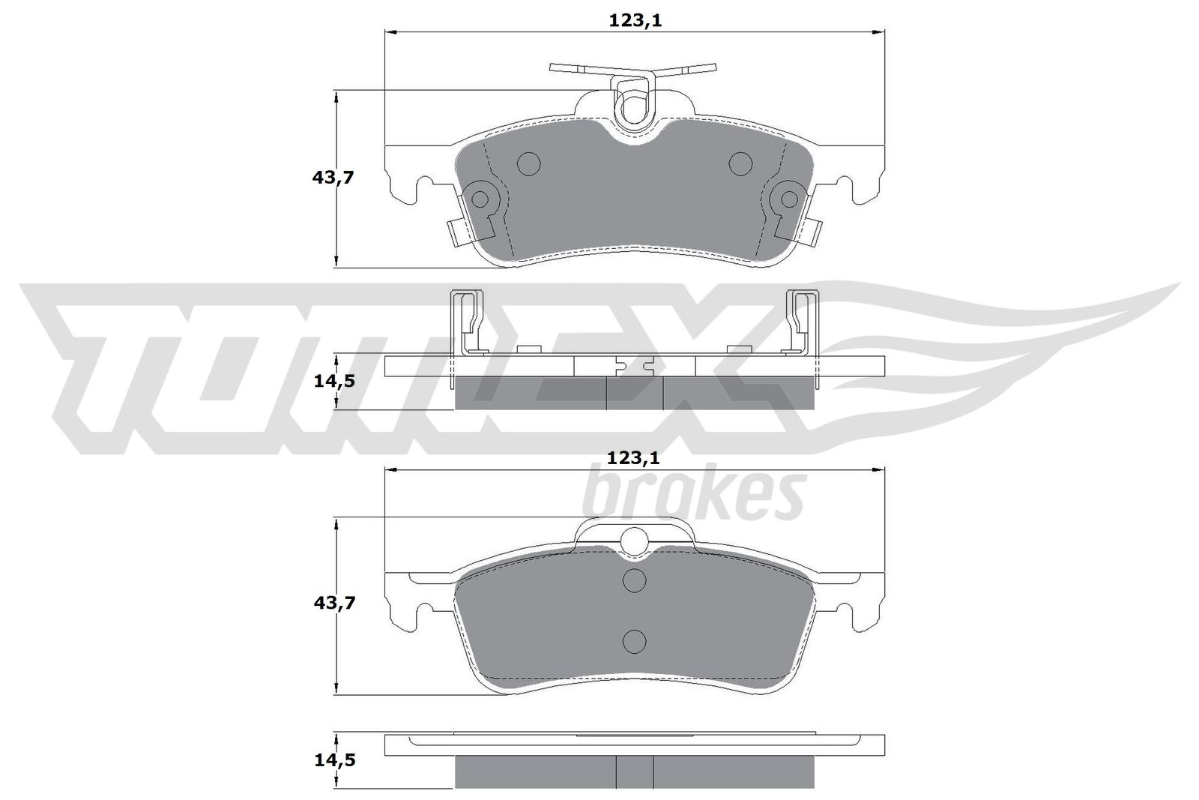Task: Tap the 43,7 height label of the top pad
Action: (x=333, y=178)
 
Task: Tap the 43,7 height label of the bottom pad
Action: (x=333, y=602)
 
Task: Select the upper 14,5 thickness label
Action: (x=333, y=381)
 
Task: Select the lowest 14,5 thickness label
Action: (x=333, y=760)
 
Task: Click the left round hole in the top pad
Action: (x=529, y=163)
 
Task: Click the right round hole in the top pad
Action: (x=740, y=162)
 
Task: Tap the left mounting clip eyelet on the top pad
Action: (x=479, y=199)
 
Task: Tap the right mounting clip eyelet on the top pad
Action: (x=789, y=199)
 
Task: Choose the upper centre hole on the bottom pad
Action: (x=635, y=580)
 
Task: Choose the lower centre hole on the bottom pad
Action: (x=635, y=640)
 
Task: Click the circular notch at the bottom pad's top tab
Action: (x=635, y=540)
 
